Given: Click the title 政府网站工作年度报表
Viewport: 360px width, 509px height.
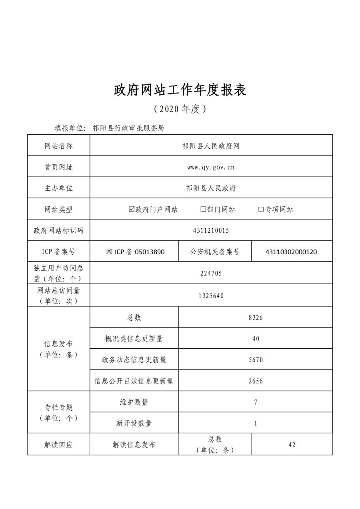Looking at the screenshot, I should point(180,90).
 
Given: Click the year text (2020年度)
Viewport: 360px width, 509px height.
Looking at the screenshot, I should point(180,109).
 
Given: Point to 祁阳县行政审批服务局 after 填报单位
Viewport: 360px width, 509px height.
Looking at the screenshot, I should point(128,128).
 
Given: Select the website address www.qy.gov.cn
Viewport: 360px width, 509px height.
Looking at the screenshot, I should point(211,167).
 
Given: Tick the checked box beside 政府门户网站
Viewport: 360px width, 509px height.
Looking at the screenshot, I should point(132,209).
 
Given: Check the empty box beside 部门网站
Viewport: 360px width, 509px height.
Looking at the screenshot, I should point(203,209).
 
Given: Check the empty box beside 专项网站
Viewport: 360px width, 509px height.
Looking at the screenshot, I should point(261,209).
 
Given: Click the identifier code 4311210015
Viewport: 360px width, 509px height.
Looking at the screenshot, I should point(211,230).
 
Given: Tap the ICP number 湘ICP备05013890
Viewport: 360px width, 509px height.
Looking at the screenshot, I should point(135,252).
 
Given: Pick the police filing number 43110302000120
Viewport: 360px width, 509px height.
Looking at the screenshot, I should point(291,252).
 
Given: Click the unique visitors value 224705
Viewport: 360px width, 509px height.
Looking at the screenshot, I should point(211,273).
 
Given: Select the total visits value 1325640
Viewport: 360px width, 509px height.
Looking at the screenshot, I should point(211,295).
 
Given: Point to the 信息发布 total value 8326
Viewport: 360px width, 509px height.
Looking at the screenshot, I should point(256,317).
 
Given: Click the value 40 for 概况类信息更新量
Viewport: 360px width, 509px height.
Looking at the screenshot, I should point(256,338).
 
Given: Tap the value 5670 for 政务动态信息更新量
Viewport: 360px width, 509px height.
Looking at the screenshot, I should point(256,359).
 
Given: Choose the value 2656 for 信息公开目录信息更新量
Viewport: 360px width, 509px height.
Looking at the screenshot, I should point(256,381).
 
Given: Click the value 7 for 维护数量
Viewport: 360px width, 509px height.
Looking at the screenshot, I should point(256,402).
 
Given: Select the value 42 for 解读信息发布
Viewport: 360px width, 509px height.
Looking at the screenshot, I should point(292,444).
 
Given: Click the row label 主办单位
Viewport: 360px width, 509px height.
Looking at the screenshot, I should point(58,188).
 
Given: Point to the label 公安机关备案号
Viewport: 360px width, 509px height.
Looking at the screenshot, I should point(215,252).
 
